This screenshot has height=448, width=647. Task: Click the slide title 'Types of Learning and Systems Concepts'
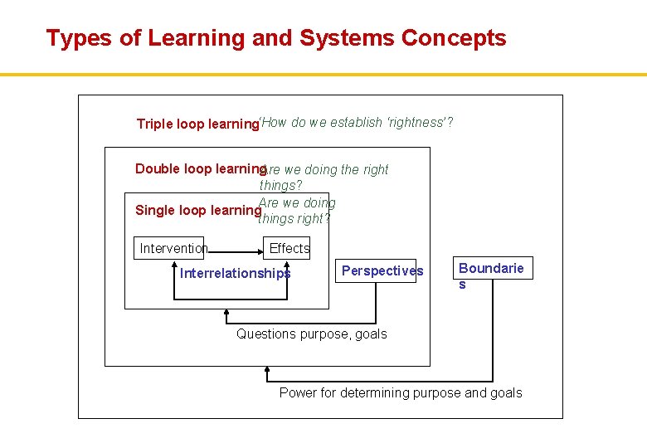pyautogui.click(x=276, y=38)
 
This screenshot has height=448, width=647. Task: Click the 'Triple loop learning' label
pyautogui.click(x=197, y=124)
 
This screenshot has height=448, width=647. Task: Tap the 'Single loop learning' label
pyautogui.click(x=197, y=211)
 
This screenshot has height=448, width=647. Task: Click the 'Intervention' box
pyautogui.click(x=173, y=248)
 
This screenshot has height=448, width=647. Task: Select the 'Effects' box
pyautogui.click(x=289, y=248)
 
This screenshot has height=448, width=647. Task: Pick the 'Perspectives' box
pyautogui.click(x=382, y=271)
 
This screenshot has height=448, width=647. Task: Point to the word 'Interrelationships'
pyautogui.click(x=236, y=274)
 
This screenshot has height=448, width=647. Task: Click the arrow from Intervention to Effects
pyautogui.click(x=236, y=248)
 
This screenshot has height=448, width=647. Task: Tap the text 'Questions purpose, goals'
pyautogui.click(x=312, y=334)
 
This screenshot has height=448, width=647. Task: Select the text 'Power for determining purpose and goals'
pyautogui.click(x=401, y=393)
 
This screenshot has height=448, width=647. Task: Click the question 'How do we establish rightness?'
pyautogui.click(x=357, y=123)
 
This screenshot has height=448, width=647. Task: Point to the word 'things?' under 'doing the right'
pyautogui.click(x=280, y=186)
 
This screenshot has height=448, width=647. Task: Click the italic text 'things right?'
pyautogui.click(x=294, y=219)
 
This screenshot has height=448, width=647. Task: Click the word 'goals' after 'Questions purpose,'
pyautogui.click(x=370, y=334)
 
